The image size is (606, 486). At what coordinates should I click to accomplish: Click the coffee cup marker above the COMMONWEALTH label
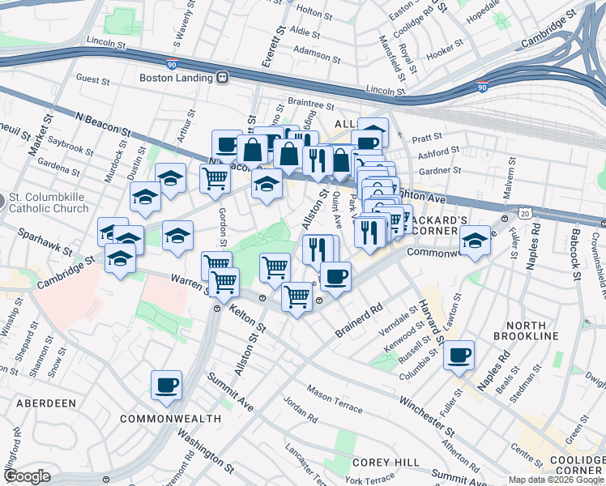click(x=166, y=386)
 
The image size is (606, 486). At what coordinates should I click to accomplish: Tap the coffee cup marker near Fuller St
click(x=459, y=355)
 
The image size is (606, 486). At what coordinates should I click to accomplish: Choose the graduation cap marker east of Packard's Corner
click(x=475, y=241)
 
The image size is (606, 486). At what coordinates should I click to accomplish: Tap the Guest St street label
click(x=92, y=80)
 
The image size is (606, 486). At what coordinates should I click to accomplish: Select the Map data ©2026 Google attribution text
click(x=555, y=480)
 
